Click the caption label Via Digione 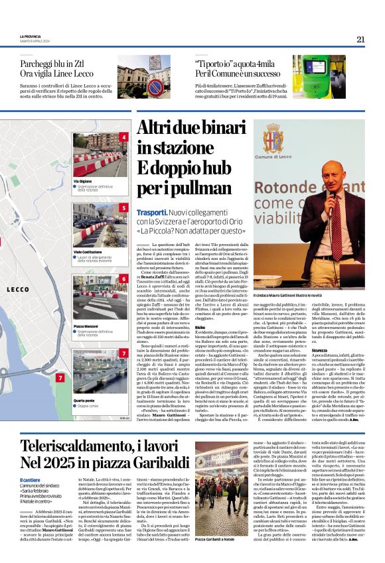click(x=83, y=181)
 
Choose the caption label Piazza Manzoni click(x=86, y=326)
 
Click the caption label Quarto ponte click(x=84, y=400)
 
